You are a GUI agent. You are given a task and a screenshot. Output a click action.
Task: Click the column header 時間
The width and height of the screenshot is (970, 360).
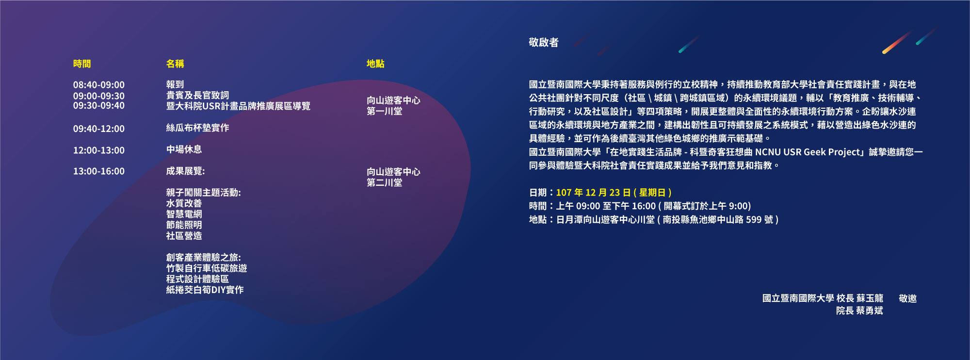tap(82, 64)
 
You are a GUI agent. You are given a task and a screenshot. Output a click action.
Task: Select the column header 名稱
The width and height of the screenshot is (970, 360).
tap(175, 64)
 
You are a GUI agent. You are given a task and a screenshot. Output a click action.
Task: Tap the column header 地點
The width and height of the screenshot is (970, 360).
tap(375, 64)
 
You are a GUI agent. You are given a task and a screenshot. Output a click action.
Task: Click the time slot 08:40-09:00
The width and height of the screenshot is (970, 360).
tap(99, 85)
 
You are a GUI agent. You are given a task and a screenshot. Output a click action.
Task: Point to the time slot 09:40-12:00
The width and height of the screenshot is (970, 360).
tap(99, 129)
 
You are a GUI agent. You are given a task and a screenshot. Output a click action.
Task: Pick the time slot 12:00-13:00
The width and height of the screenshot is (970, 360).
tap(99, 150)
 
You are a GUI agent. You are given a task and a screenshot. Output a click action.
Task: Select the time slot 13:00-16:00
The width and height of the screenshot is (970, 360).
tap(99, 171)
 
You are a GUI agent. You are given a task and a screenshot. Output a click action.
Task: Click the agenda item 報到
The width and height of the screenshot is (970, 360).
tap(175, 85)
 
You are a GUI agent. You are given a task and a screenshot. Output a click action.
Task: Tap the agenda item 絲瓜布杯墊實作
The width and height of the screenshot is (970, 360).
tap(197, 128)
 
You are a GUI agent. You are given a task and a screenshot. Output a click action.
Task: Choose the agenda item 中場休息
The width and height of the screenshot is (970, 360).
tap(184, 149)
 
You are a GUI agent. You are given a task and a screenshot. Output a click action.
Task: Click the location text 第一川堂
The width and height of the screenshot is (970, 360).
tap(385, 112)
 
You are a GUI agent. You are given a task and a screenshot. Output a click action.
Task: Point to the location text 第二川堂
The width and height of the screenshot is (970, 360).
tap(385, 183)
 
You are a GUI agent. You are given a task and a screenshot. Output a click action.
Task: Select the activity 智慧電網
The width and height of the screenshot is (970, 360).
tap(184, 214)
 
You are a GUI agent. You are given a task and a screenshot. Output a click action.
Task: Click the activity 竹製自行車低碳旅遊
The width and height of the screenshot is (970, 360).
tap(207, 268)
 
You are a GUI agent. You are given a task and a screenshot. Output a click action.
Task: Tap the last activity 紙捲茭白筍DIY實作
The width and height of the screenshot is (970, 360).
tap(205, 290)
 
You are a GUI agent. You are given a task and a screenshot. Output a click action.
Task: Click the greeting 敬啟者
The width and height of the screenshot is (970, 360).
tap(544, 43)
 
